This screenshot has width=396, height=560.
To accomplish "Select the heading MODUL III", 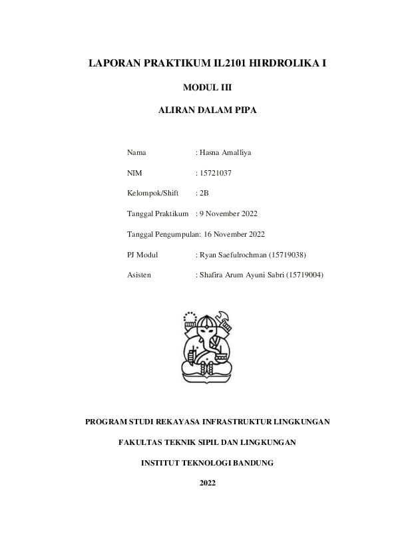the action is (x=207, y=86).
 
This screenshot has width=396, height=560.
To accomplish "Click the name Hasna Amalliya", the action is (x=225, y=152).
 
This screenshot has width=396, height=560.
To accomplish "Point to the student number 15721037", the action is (x=215, y=173).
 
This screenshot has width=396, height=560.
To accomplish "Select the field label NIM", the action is (x=134, y=173).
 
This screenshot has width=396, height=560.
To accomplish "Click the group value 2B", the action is (x=204, y=193).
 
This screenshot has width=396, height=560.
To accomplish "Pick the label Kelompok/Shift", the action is (x=152, y=193).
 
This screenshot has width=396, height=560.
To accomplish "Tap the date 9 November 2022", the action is (x=228, y=213).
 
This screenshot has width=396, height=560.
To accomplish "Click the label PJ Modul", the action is (x=142, y=254).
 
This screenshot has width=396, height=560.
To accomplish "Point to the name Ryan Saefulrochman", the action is (x=232, y=254).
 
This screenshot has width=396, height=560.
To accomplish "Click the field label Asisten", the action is (x=138, y=274).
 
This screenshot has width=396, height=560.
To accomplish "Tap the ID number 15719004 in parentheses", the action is (x=304, y=274).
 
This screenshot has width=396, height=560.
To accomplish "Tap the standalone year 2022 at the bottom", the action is (x=207, y=482).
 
